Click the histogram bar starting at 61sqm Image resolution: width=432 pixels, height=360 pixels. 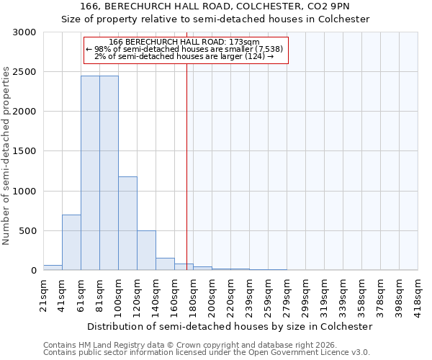pos(90,173)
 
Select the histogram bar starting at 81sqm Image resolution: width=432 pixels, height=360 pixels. pos(109,173)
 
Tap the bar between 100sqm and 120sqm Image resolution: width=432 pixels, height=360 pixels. pos(127,223)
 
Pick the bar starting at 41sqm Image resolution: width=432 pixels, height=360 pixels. pos(71,243)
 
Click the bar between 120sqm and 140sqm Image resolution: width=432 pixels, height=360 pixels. pos(146,251)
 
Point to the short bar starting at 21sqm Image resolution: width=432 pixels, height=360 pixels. pos(53,268)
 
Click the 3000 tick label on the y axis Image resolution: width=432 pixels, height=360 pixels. pos(24,32)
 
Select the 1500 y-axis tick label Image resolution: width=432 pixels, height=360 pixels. pos(24,151)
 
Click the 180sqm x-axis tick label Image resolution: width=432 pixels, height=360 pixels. pos(194,293)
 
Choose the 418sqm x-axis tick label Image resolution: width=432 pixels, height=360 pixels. pos(418,293)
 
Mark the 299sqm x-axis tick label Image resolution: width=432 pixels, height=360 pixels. pos(306,293)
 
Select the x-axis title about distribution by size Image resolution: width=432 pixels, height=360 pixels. pos(230,326)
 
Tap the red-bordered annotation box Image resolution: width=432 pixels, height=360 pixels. pos(186,50)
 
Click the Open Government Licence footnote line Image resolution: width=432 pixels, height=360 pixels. pos(207,353)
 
